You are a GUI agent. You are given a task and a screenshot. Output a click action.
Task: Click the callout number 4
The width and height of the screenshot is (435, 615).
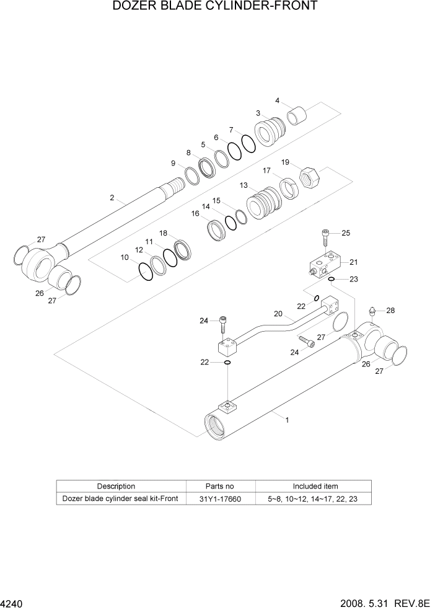click(x=278, y=100)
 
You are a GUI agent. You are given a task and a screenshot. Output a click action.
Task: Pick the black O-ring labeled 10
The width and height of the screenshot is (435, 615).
click(x=145, y=270)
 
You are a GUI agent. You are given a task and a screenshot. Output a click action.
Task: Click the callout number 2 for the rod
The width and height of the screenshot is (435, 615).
click(x=112, y=198)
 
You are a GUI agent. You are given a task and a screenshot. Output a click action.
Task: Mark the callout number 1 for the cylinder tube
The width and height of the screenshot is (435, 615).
click(x=287, y=420)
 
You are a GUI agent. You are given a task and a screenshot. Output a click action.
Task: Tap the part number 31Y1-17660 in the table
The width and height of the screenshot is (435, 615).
click(x=220, y=499)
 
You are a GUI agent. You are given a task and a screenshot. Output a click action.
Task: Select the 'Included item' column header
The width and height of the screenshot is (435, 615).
click(x=315, y=486)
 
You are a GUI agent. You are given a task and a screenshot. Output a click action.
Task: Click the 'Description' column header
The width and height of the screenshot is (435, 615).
click(x=116, y=486)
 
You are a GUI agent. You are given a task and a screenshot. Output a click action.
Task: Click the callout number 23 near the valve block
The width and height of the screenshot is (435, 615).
click(x=353, y=279)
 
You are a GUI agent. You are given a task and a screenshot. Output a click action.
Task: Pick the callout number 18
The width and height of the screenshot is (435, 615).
click(x=164, y=233)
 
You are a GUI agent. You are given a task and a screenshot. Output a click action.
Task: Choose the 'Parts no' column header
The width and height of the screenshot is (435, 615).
click(x=220, y=486)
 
